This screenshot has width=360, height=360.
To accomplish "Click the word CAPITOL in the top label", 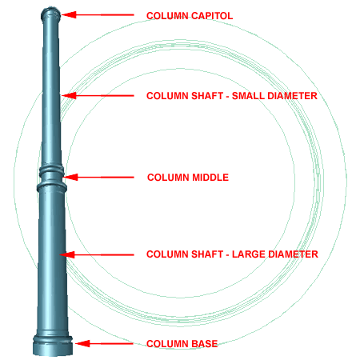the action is pyautogui.click(x=212, y=16).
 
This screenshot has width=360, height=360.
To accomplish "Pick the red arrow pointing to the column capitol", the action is pyautogui.click(x=98, y=15).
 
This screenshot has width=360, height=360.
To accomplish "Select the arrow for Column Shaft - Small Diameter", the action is pyautogui.click(x=98, y=95).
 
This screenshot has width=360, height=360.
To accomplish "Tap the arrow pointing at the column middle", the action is pyautogui.click(x=98, y=177).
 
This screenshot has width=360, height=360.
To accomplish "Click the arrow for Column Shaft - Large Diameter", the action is pyautogui.click(x=97, y=255).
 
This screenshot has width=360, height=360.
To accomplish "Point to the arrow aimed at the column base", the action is pyautogui.click(x=104, y=343).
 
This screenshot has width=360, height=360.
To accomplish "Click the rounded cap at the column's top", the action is pyautogui.click(x=50, y=14).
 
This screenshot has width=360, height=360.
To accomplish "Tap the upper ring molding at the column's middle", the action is pyautogui.click(x=52, y=170).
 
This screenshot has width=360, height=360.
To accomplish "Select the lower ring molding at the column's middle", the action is pyautogui.click(x=51, y=186).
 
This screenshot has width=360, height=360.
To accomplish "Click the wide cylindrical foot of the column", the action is pyautogui.click(x=53, y=346).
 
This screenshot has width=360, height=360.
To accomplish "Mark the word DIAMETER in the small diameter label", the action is pyautogui.click(x=292, y=96).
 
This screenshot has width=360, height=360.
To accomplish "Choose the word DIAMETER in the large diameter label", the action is pyautogui.click(x=293, y=254).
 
